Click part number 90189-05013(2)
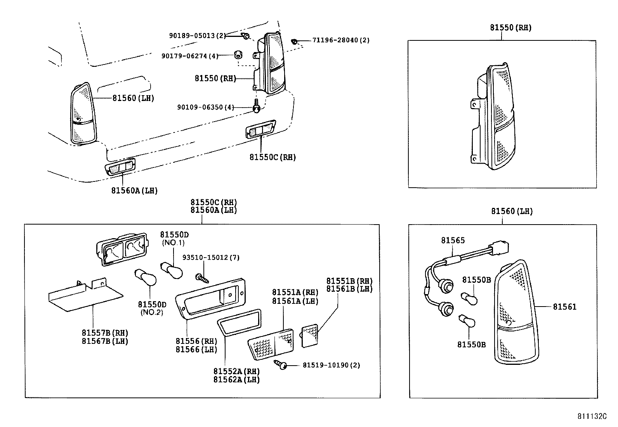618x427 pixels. (x=197, y=35)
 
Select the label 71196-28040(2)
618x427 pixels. (x=341, y=40)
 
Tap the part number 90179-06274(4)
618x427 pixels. (x=190, y=56)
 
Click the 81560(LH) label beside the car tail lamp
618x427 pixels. (x=133, y=98)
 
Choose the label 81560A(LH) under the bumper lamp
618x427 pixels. (x=134, y=190)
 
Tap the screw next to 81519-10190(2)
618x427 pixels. (x=281, y=364)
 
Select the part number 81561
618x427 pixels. (x=564, y=307)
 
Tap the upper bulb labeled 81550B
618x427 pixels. (x=469, y=298)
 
